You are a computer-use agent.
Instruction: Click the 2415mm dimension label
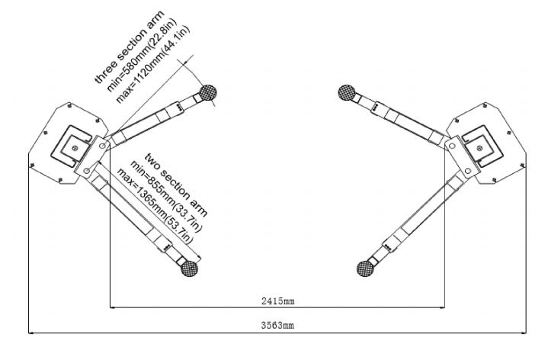(x=278, y=301)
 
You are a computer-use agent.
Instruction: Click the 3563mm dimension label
(x=277, y=326)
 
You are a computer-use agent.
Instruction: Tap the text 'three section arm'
(x=130, y=47)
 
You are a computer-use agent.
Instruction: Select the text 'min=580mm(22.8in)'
(x=142, y=55)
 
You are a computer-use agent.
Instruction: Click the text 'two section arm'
(x=176, y=185)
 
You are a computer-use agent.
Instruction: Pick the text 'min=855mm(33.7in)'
(x=166, y=195)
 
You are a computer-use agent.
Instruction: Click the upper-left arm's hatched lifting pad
(x=208, y=93)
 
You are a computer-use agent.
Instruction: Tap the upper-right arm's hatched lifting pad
(x=347, y=92)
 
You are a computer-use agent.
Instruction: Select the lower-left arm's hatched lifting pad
(x=190, y=268)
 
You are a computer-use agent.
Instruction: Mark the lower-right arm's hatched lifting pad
(x=365, y=268)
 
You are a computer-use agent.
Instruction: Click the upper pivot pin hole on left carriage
(x=102, y=145)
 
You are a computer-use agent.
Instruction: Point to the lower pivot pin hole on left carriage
(x=86, y=171)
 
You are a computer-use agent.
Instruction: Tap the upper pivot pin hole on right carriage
(x=452, y=146)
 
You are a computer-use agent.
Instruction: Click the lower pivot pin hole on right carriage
(x=468, y=171)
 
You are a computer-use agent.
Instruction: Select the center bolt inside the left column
(x=75, y=148)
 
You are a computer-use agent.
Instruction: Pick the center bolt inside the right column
(x=480, y=148)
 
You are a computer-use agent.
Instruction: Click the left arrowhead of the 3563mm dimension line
(x=30, y=333)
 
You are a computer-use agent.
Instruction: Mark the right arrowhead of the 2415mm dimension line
(x=442, y=308)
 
